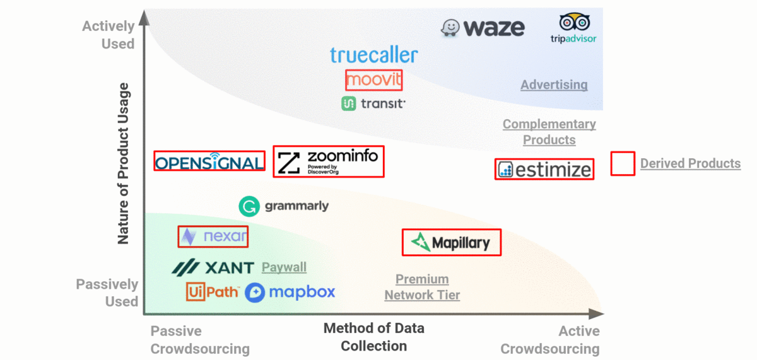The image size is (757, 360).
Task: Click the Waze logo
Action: point(483,28)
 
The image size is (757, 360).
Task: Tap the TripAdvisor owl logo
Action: point(573,28)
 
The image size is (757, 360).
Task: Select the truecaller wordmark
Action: point(373,55)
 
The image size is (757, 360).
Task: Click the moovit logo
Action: point(373,80)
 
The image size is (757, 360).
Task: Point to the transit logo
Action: point(373,104)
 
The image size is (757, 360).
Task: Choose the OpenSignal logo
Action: point(209,161)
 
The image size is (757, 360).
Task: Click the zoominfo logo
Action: point(329,161)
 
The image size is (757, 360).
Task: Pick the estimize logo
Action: point(544,169)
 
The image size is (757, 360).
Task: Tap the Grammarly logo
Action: point(283,206)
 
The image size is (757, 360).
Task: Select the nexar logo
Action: point(213,236)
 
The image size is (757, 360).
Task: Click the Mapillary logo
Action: point(452,242)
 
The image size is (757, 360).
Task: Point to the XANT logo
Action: point(213,268)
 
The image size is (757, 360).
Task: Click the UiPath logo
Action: point(213,292)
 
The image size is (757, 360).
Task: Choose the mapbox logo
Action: point(290,292)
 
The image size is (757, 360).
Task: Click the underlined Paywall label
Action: point(284,267)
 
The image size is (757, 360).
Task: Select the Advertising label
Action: point(554,84)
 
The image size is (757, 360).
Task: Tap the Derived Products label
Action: point(690,163)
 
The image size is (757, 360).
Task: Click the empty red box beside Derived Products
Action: point(623,163)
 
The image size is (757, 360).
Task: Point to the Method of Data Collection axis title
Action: point(373,337)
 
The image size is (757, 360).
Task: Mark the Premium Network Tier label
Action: point(422,287)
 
